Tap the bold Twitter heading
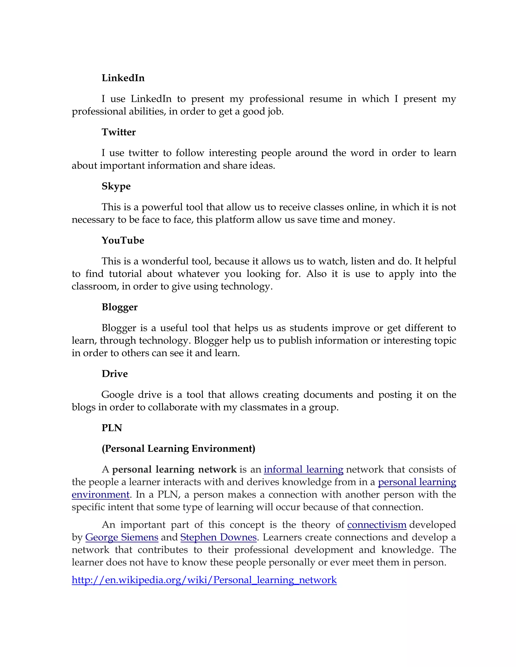pyautogui.click(x=119, y=132)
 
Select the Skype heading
pyautogui.click(x=116, y=186)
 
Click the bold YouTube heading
pyautogui.click(x=123, y=240)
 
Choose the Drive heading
pyautogui.click(x=115, y=374)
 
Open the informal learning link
pyautogui.click(x=303, y=469)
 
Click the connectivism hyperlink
pyautogui.click(x=377, y=525)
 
